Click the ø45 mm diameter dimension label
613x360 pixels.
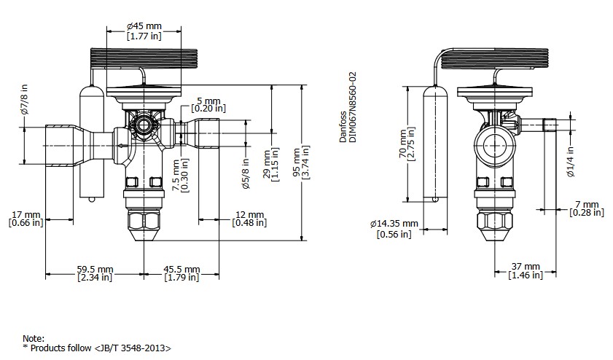pyautogui.click(x=144, y=31)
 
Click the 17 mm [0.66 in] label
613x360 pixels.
pyautogui.click(x=26, y=219)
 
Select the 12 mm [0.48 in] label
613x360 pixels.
pyautogui.click(x=249, y=219)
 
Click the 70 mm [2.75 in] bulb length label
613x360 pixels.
pyautogui.click(x=407, y=144)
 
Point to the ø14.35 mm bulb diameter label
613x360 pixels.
pyautogui.click(x=394, y=228)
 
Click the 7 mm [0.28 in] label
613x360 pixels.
pyautogui.click(x=587, y=208)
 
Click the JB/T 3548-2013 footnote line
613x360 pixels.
pyautogui.click(x=97, y=348)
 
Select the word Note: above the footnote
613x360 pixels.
pyautogui.click(x=34, y=339)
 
